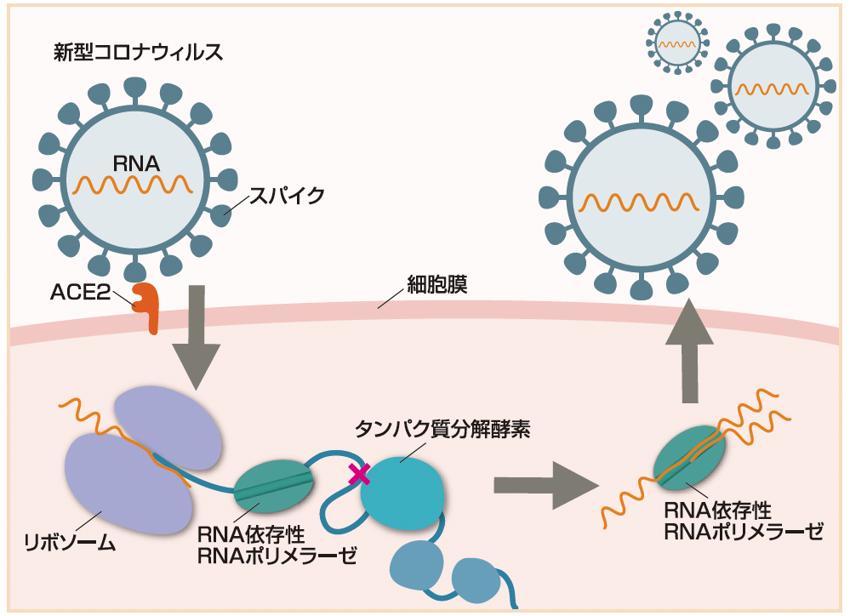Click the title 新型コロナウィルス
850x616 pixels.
[138, 53]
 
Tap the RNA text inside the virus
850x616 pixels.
[137, 162]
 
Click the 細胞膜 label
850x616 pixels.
[437, 284]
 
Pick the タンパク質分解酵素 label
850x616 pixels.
[442, 429]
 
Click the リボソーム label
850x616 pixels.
[70, 542]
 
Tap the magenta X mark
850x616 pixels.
[359, 475]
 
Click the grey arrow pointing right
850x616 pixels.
[542, 485]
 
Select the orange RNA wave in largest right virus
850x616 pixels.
[639, 203]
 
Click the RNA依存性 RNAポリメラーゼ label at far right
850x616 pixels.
[744, 522]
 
